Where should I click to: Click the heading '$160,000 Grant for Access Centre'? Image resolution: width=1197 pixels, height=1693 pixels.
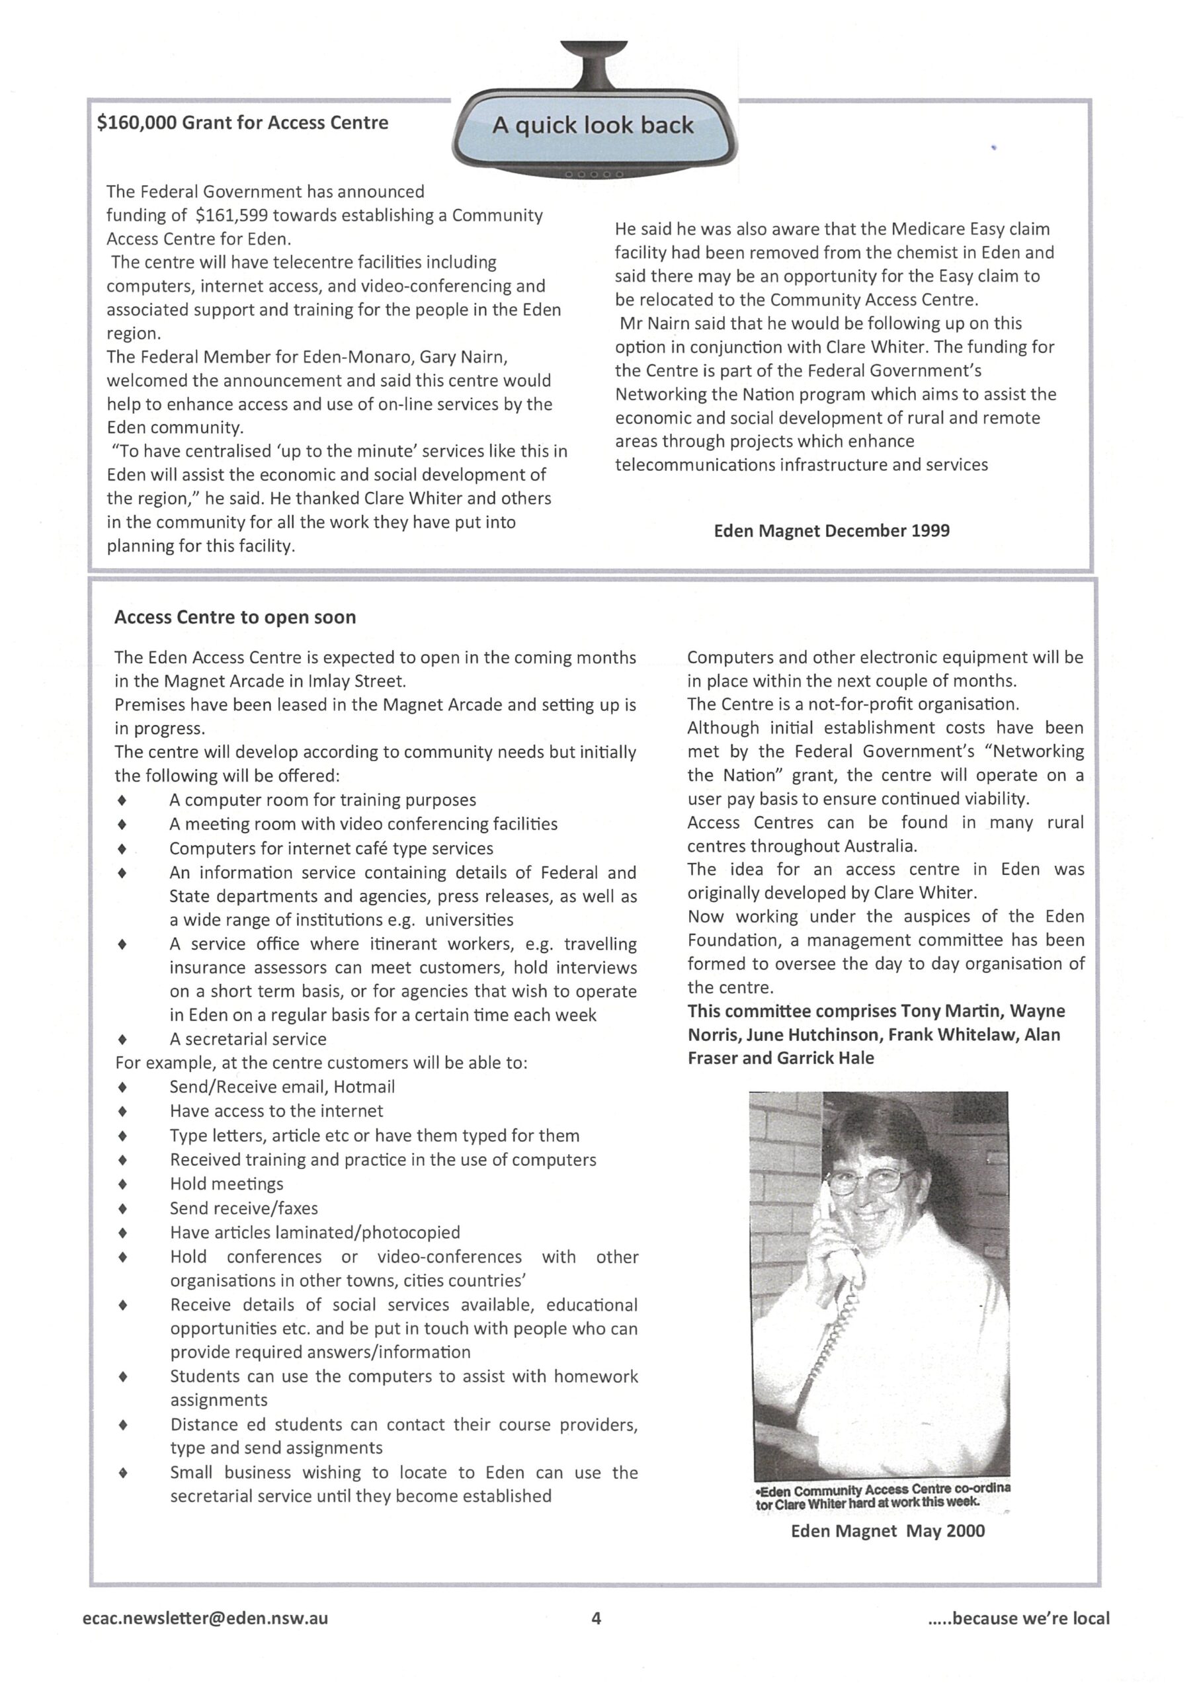(243, 122)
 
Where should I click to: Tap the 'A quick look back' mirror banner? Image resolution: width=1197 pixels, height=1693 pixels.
(593, 126)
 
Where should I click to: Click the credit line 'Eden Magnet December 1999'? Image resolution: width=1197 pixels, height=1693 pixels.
(831, 530)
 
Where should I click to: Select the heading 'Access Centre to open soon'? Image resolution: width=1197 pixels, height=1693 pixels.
(235, 617)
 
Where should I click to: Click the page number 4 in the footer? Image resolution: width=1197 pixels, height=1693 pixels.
(596, 1618)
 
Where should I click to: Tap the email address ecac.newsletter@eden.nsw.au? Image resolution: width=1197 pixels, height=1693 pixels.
(206, 1618)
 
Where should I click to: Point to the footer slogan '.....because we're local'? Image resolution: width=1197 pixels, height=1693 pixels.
(1019, 1618)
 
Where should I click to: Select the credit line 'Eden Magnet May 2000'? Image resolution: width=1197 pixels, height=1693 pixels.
(887, 1531)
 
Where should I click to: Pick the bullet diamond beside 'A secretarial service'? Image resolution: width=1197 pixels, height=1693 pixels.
(122, 1040)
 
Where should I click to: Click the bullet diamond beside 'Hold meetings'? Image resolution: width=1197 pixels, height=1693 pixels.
(122, 1184)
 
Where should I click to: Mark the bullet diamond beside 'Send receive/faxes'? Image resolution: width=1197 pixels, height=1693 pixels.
(122, 1208)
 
